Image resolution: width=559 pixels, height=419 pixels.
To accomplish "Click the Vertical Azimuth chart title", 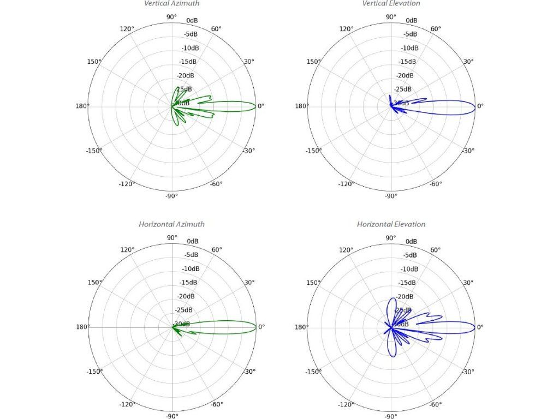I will tap(171, 4).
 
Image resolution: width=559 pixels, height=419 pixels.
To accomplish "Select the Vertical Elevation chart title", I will tap(391, 4).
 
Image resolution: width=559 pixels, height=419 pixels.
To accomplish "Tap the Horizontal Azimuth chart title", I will tap(171, 224).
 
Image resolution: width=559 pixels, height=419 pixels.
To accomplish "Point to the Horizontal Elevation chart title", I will tap(391, 224).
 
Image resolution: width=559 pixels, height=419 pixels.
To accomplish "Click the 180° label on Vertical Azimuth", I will tap(82, 106).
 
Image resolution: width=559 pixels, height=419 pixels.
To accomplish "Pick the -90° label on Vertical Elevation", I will tap(391, 195).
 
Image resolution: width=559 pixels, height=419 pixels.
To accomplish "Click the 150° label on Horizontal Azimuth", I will tap(95, 282).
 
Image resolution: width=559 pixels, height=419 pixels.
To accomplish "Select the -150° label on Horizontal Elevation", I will tap(313, 372).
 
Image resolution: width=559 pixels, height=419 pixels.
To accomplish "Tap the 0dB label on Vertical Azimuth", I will tap(192, 21).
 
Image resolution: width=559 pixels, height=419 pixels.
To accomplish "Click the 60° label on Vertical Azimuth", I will tap(217, 29).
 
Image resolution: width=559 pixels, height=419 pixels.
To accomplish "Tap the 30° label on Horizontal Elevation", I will tap(468, 283).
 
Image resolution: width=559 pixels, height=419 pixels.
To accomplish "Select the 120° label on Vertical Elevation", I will tap(347, 29).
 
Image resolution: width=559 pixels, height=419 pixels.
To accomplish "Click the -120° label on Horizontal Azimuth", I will tap(127, 404).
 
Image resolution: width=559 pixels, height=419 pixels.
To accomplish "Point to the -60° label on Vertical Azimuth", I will tap(216, 184).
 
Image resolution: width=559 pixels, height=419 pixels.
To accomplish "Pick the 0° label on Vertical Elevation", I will tap(480, 106).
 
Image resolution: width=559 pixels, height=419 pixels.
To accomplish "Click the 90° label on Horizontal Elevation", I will tap(391, 237).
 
